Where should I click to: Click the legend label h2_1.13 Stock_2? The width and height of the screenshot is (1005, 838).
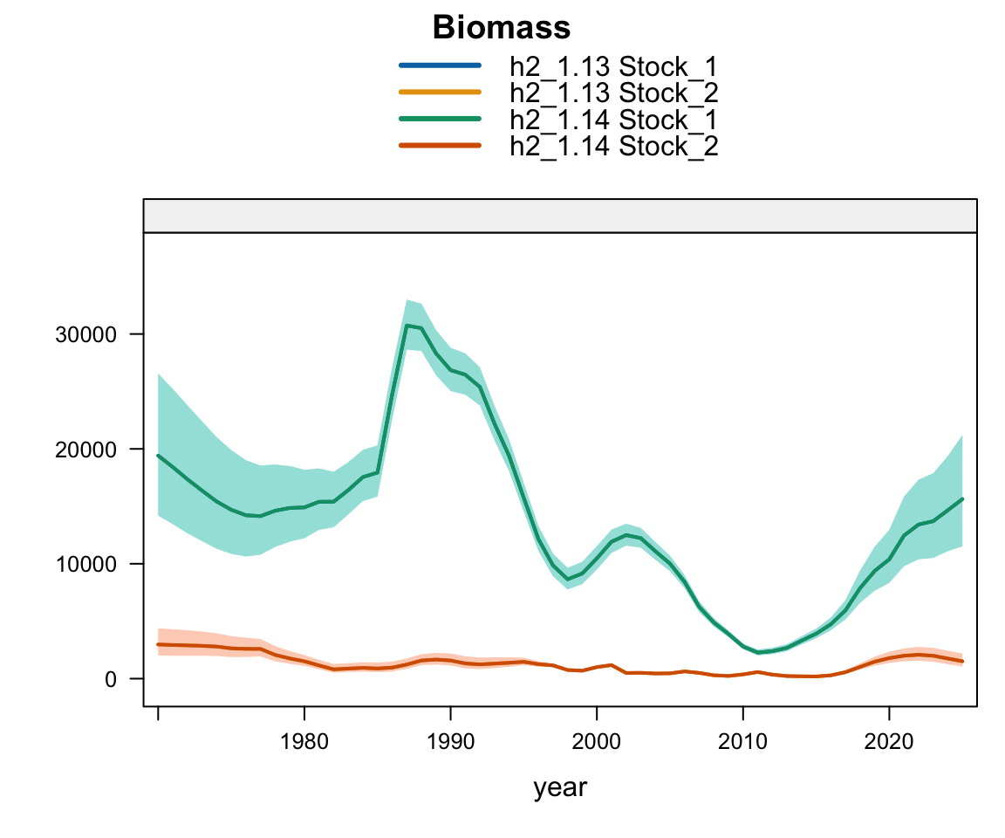click(x=613, y=92)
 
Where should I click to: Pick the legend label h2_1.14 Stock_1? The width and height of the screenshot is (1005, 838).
click(x=613, y=119)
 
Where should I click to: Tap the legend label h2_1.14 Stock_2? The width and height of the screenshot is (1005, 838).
click(x=613, y=146)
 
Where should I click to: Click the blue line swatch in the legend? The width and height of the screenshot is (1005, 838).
click(x=440, y=65)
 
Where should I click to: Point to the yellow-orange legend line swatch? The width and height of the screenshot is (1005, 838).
click(x=440, y=92)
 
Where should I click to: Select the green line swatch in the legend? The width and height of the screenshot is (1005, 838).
click(x=440, y=119)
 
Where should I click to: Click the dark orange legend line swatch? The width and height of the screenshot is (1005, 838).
click(x=440, y=146)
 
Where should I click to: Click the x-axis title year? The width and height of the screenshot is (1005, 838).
click(x=560, y=787)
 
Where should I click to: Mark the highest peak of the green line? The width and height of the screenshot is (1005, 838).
click(x=407, y=326)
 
